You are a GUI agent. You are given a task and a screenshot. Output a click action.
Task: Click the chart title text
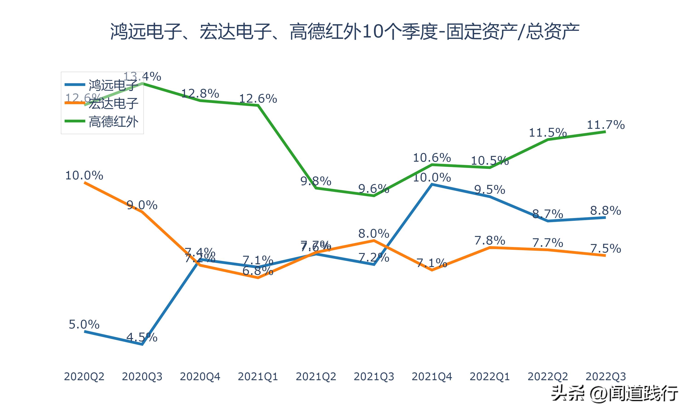(x=345, y=32)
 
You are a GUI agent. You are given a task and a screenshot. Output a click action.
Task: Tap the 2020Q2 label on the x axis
(x=84, y=377)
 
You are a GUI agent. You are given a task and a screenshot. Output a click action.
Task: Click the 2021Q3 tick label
(x=374, y=377)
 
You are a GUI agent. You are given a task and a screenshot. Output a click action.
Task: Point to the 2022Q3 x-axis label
(x=606, y=377)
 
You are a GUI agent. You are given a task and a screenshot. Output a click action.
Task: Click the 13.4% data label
(x=142, y=76)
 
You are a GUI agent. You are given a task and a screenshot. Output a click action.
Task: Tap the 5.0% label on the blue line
(x=84, y=325)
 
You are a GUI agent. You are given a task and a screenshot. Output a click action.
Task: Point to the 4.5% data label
(x=142, y=337)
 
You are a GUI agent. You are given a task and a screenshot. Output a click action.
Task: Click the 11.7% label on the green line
(x=606, y=125)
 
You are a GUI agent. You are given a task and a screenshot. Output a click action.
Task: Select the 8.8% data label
(x=606, y=211)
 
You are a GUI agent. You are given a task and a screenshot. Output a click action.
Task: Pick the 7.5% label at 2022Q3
(x=606, y=248)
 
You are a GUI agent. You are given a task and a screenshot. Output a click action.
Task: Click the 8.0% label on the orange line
(x=374, y=233)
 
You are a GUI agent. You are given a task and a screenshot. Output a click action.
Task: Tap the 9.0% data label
(x=142, y=205)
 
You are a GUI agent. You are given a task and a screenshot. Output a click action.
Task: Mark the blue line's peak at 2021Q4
(x=432, y=184)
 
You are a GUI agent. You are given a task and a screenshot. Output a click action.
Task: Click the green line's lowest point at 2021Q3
(x=374, y=196)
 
